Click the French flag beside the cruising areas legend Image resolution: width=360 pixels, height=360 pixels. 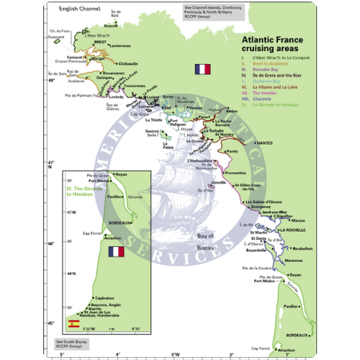pyautogui.click(x=203, y=70)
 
